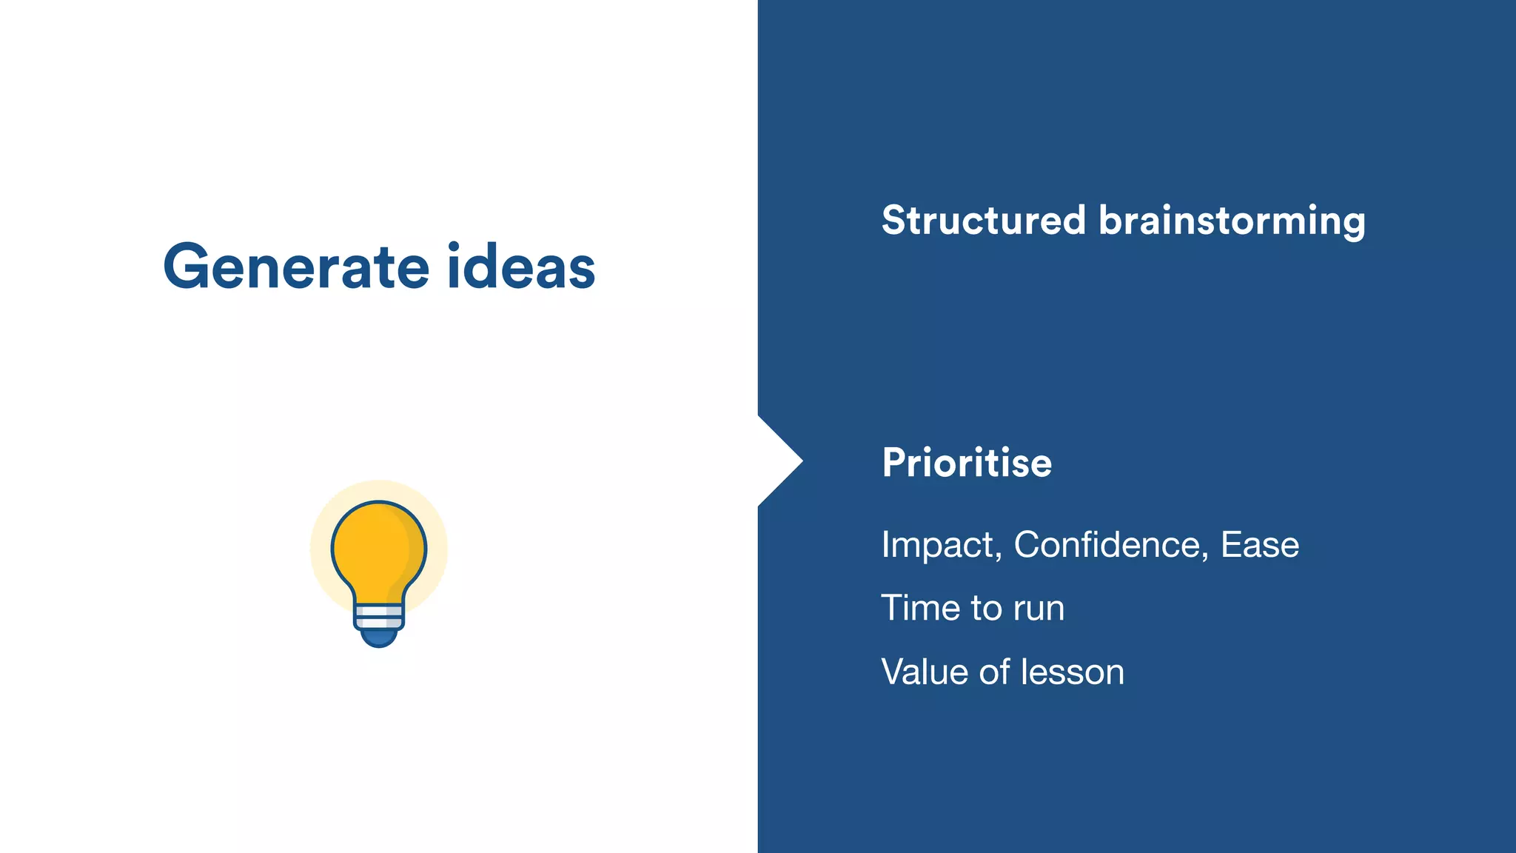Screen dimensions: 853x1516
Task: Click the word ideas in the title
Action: [x=521, y=267]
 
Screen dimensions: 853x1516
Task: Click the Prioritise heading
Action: [x=966, y=464]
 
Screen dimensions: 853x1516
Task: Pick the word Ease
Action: [x=1259, y=545]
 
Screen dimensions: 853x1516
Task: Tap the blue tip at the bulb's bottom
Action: [x=379, y=637]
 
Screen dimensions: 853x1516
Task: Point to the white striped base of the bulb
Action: [x=379, y=616]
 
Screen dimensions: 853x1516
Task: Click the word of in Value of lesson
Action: [x=994, y=672]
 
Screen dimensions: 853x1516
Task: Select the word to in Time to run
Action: [x=986, y=609]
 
